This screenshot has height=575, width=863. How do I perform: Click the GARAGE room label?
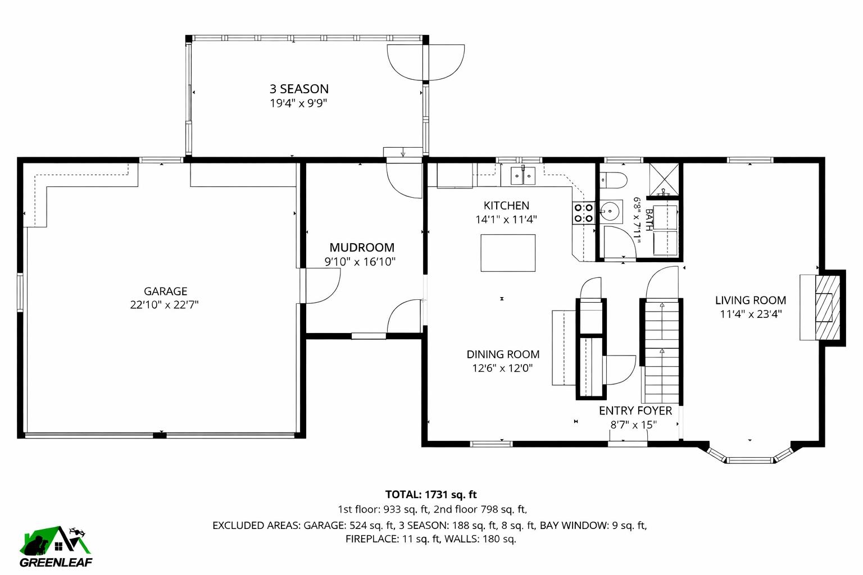(165, 291)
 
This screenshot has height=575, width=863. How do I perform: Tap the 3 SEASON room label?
(299, 89)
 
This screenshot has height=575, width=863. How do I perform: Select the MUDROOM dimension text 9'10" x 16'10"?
(360, 262)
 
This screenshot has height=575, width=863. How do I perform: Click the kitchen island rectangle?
(508, 253)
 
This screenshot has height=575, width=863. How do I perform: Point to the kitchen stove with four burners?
(583, 213)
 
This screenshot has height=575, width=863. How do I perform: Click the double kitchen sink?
(523, 176)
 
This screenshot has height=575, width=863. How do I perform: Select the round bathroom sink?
(610, 212)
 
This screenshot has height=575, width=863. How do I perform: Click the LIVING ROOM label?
(750, 300)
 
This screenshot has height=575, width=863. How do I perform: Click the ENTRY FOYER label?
(635, 410)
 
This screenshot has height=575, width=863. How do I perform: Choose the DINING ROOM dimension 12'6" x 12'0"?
(502, 368)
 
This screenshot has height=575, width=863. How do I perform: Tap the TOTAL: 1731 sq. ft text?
(430, 495)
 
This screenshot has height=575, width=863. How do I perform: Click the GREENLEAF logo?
(56, 548)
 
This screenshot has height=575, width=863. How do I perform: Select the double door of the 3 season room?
(426, 62)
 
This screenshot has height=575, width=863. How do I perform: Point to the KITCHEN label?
(506, 206)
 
